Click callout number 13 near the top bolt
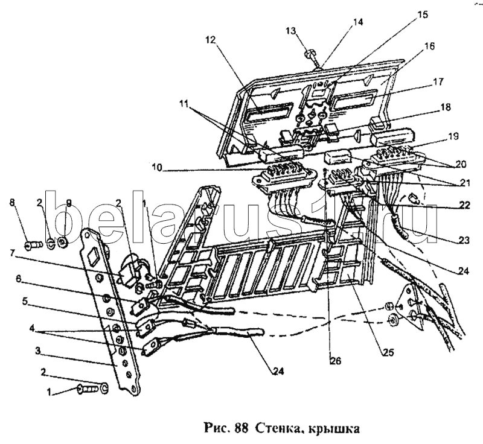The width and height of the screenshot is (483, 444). pos(291,31)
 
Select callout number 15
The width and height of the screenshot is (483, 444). pos(423,14)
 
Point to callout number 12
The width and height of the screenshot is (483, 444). pos(211,40)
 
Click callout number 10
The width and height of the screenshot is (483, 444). pos(157,168)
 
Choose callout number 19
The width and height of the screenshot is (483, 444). pos(453,136)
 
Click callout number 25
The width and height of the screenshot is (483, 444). pos(388,352)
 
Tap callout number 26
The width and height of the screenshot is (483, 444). pos(336,360)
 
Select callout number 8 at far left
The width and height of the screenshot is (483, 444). pos(12,203)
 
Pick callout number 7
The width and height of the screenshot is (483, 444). pos(12,253)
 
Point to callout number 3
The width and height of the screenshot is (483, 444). pos(37,350)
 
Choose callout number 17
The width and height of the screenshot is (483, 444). pos(438,81)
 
